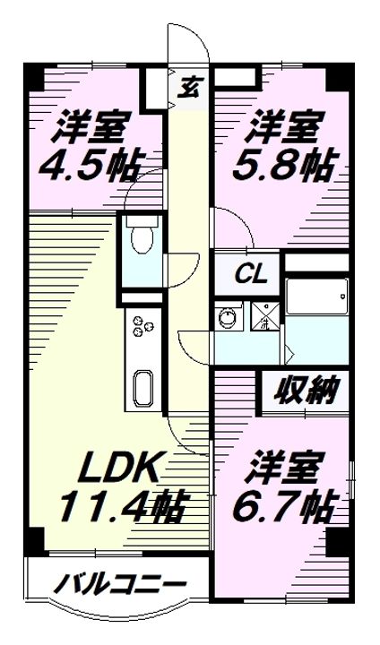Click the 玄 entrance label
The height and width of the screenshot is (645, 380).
188,88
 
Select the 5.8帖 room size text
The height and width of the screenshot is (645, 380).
286,166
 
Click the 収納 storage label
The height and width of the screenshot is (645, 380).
307,390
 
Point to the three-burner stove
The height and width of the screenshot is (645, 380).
142,324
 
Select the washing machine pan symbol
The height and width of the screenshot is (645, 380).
265,316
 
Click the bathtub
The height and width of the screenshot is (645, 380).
317,297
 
